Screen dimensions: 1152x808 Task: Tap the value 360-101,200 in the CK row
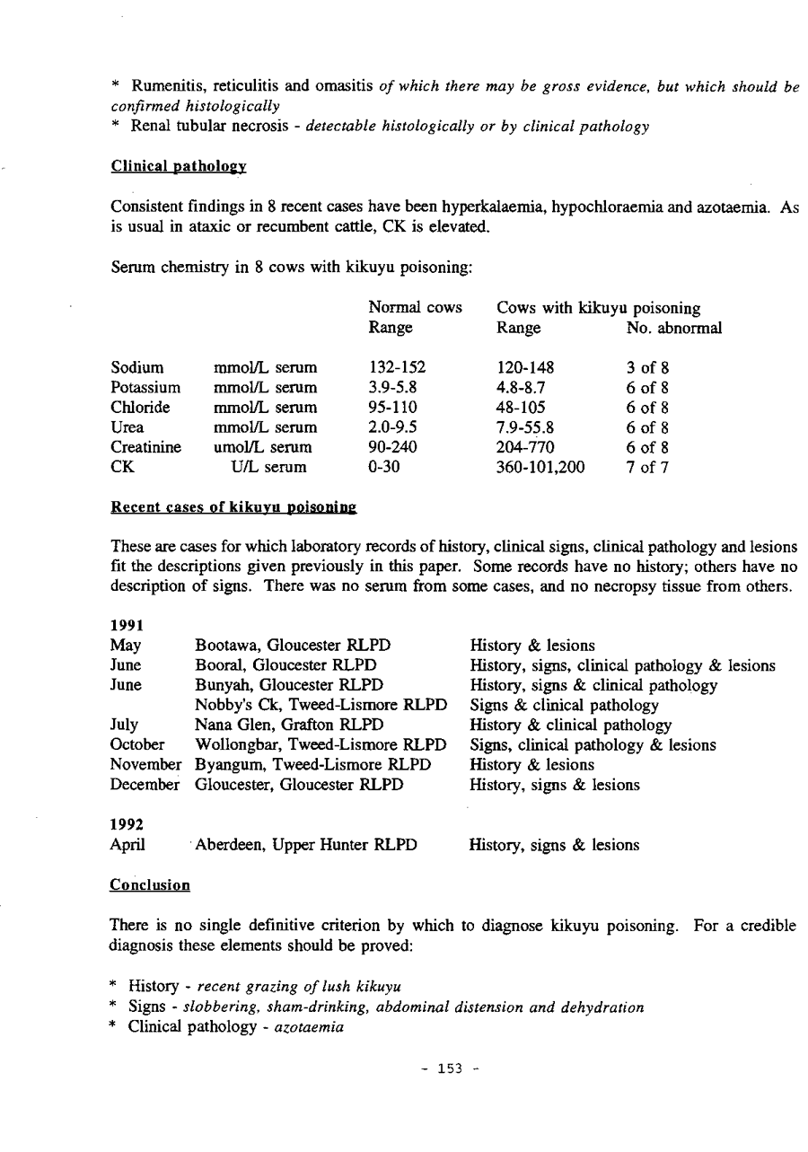coord(540,467)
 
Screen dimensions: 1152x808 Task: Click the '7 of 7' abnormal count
coord(647,467)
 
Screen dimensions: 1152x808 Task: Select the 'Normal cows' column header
coord(416,308)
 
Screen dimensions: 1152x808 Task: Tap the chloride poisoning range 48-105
coord(521,407)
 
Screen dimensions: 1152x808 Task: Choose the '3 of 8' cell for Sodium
coord(647,367)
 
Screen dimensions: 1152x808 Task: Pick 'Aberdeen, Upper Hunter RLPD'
coord(305,845)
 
